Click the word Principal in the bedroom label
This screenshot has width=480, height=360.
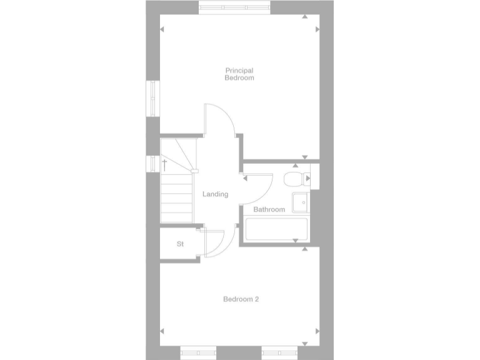(x=239, y=70)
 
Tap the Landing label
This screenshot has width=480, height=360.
(x=215, y=194)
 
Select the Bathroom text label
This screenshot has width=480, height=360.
(x=269, y=209)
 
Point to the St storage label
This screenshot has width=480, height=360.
(x=180, y=244)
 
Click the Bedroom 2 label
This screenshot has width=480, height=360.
(x=241, y=299)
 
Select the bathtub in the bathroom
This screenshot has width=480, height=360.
(x=277, y=229)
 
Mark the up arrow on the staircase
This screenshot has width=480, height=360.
(x=164, y=165)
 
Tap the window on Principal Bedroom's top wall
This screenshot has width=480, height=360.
(x=234, y=7)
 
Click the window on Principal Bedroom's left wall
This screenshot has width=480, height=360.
(x=151, y=98)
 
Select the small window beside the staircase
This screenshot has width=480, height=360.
(x=150, y=163)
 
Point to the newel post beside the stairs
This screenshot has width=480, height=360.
(x=195, y=171)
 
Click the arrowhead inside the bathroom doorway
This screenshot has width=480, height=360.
(x=245, y=177)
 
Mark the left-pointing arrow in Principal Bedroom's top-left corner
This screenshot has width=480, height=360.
(x=162, y=29)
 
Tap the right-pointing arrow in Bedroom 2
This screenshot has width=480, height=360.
(x=317, y=331)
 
